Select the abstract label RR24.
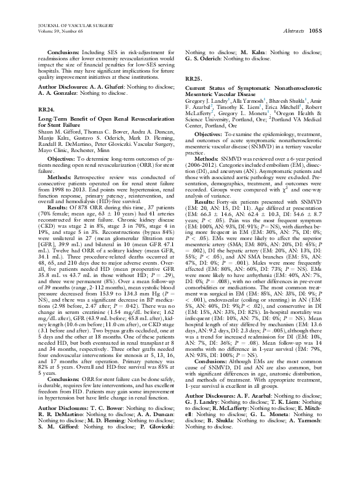46,108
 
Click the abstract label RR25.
193,81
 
